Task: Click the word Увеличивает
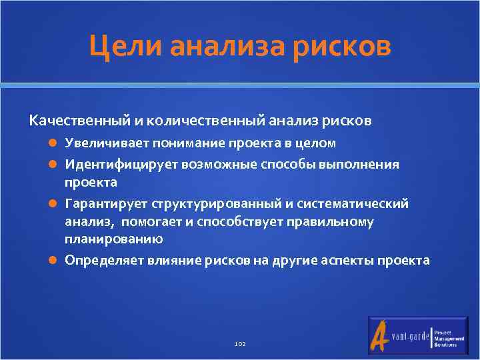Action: tap(107, 143)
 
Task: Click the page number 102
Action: tap(240, 343)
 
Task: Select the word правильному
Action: tap(337, 221)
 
